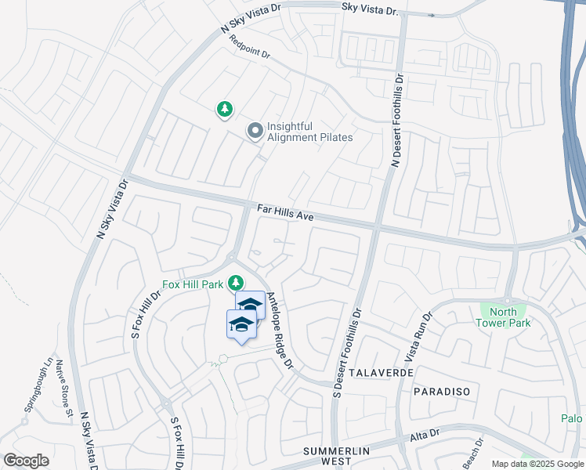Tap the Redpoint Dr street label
pos(251,49)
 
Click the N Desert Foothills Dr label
pos(398,121)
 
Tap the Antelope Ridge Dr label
pos(279,331)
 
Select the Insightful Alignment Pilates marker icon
pos(255,132)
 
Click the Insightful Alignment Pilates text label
pos(309,132)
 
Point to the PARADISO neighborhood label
pos(439,391)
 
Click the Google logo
pos(26,460)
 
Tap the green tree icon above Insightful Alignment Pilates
pos(225,110)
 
